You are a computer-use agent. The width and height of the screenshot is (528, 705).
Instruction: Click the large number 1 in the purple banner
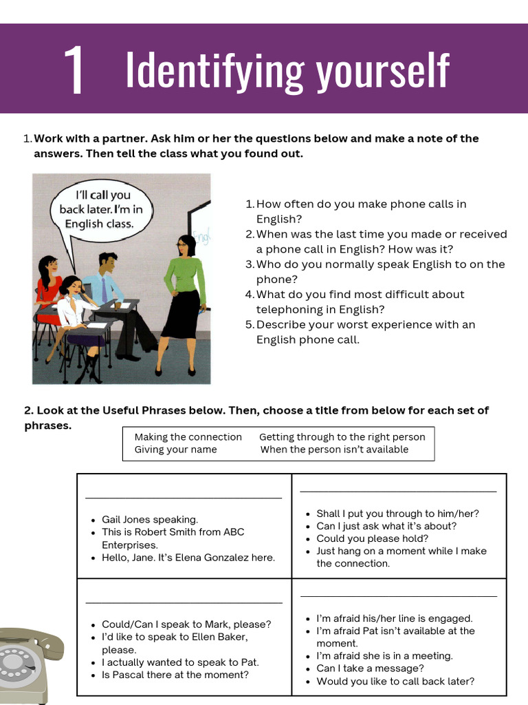click(74, 72)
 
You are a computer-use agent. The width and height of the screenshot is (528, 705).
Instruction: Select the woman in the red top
click(48, 286)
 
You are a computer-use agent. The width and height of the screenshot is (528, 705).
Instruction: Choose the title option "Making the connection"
click(188, 436)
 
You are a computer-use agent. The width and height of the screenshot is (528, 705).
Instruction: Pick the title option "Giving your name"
click(175, 450)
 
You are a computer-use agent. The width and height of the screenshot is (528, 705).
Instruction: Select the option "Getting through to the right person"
click(342, 436)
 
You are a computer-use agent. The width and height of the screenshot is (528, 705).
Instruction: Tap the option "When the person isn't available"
click(334, 450)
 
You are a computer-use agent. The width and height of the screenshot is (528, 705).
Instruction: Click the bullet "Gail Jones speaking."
click(150, 520)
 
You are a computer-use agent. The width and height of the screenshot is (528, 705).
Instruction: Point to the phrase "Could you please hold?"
click(372, 538)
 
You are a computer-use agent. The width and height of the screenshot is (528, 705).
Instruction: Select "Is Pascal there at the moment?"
click(175, 675)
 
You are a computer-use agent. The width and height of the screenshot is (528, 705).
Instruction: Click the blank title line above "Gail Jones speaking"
click(184, 496)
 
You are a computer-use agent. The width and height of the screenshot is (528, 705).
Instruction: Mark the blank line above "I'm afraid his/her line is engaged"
click(398, 596)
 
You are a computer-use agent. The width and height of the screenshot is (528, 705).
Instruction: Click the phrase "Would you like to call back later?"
click(395, 682)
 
